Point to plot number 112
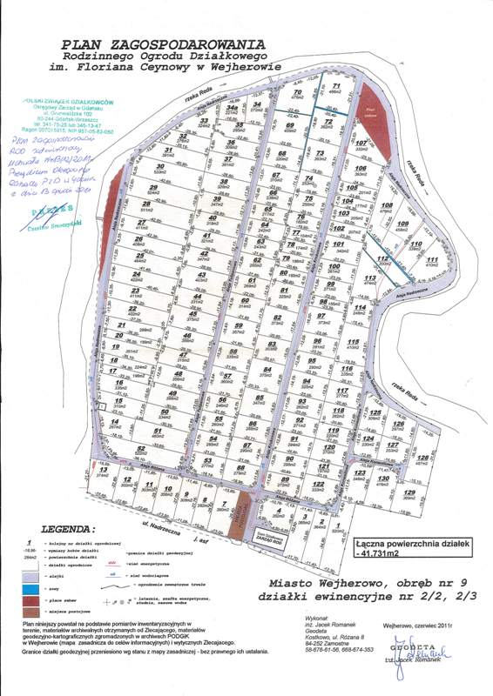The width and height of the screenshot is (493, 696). click(x=383, y=258)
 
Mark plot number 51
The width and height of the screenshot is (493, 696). click(x=158, y=431)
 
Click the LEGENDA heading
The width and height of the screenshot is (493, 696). click(x=71, y=528)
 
